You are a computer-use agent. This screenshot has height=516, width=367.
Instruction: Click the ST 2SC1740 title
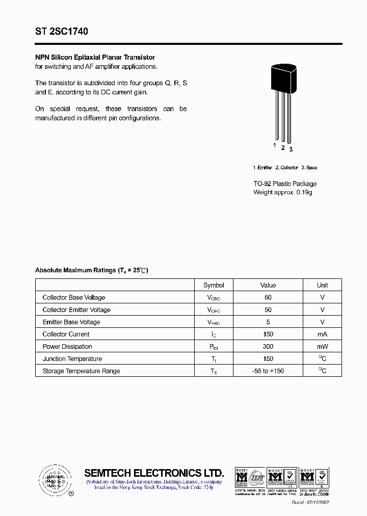coord(62,32)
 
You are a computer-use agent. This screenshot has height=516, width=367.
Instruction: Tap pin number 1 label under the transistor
coord(275,145)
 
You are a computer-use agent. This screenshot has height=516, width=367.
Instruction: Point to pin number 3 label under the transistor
coord(291,149)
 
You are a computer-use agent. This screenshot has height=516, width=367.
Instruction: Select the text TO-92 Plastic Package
coord(285,184)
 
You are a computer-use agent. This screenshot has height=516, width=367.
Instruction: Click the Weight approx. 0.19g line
coord(282,192)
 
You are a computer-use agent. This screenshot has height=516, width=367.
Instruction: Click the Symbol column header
coord(214,285)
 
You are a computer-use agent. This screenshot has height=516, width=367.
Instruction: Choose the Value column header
coord(268,285)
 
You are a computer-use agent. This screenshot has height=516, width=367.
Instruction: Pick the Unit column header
coord(322,285)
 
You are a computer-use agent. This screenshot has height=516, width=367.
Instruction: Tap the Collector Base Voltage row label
coord(74,297)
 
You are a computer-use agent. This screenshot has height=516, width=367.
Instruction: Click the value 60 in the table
coord(268,297)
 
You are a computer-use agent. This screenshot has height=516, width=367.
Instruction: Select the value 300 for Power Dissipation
coord(268,346)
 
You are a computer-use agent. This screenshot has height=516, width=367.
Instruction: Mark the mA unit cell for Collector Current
coord(322,334)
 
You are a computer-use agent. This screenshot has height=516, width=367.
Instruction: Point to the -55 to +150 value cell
coord(268,371)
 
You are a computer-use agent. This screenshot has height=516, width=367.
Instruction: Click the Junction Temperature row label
coord(72,358)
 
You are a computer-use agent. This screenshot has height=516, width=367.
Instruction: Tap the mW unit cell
coord(322,346)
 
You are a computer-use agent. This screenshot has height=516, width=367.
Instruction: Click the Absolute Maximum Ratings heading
coord(91,270)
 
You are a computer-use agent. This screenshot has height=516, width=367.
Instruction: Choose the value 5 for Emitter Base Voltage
coord(268,322)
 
